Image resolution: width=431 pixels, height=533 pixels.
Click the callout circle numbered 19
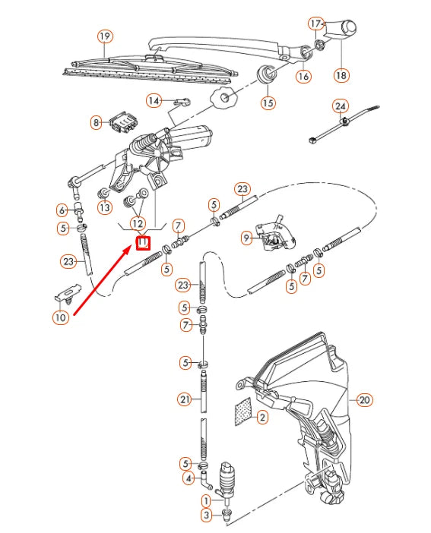[x=105, y=36]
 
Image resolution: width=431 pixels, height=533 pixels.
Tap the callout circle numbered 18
[x=341, y=75]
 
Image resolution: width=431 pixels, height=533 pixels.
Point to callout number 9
[x=246, y=238]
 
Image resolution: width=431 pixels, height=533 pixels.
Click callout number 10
[x=61, y=318]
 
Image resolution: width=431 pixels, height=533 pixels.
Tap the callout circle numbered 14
[x=154, y=100]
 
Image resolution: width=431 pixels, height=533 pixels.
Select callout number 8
[x=96, y=122]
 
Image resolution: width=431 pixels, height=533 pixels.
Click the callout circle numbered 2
[x=261, y=417]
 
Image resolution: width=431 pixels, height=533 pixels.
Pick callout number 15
[x=268, y=102]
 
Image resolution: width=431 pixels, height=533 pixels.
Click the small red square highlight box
[x=142, y=243]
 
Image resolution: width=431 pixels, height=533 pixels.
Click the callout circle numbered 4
[x=187, y=478]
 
